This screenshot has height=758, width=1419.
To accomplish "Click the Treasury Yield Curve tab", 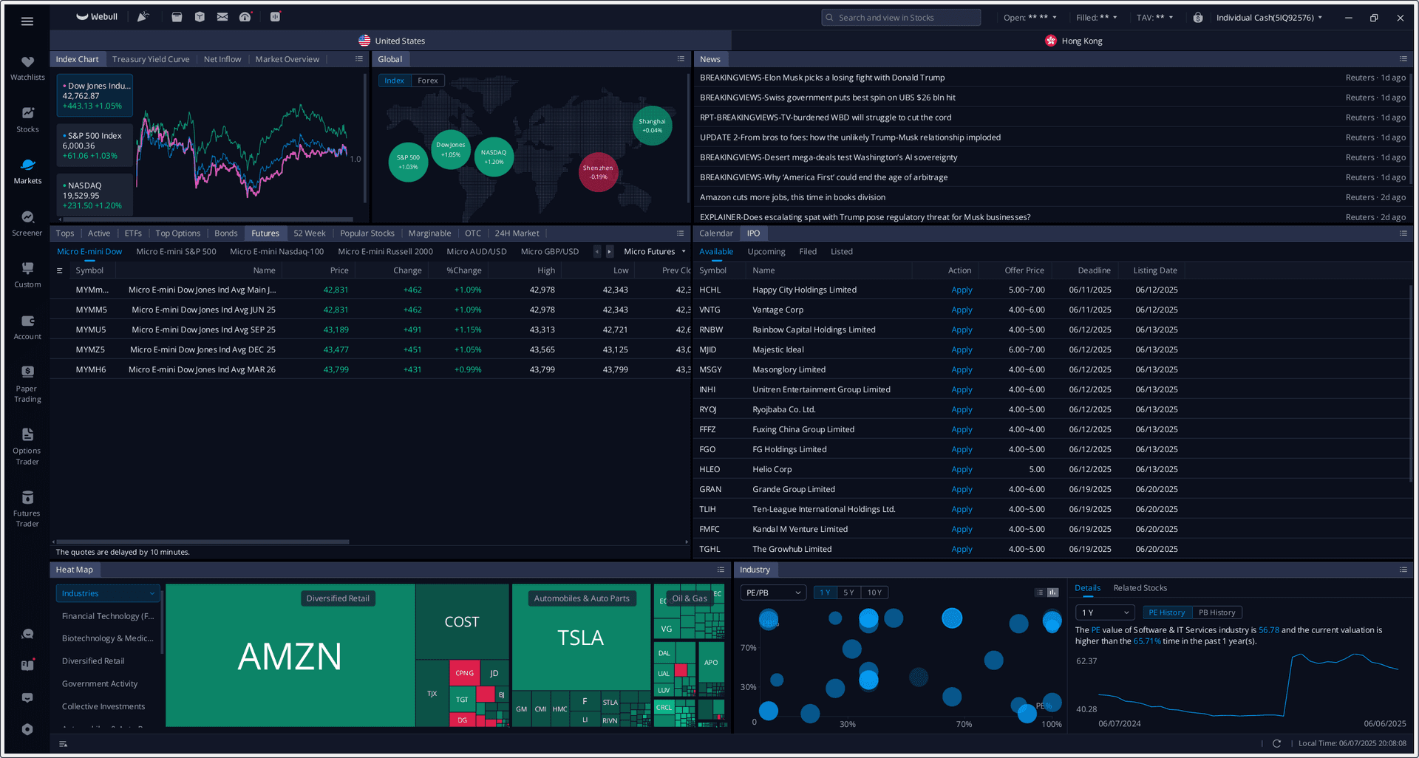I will [151, 59].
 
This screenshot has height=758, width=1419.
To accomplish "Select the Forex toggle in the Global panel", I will [427, 81].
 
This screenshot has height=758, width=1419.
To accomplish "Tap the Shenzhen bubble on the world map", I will [598, 172].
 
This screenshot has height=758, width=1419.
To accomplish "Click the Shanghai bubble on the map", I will [652, 126].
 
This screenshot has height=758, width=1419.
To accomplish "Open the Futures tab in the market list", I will [265, 233].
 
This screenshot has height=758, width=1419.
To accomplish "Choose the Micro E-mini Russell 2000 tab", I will [385, 252].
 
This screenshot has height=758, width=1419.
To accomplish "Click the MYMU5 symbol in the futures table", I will [91, 330].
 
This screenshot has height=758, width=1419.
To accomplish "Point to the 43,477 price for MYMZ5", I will [336, 349].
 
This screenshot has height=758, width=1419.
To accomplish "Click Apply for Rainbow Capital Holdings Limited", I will [962, 330].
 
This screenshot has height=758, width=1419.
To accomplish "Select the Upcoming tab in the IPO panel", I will [766, 252].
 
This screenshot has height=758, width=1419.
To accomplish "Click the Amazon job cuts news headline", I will [792, 197].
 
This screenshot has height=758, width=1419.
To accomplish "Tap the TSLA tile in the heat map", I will [580, 638].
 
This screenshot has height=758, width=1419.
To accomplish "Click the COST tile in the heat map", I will [462, 622].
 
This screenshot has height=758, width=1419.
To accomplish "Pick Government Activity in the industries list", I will [100, 684].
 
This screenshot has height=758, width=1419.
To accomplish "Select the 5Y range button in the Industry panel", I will [848, 593].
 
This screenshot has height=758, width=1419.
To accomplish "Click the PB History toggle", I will [1216, 612].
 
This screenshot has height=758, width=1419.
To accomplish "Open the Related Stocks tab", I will [1140, 588].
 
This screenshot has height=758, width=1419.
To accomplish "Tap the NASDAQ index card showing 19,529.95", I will [95, 196].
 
